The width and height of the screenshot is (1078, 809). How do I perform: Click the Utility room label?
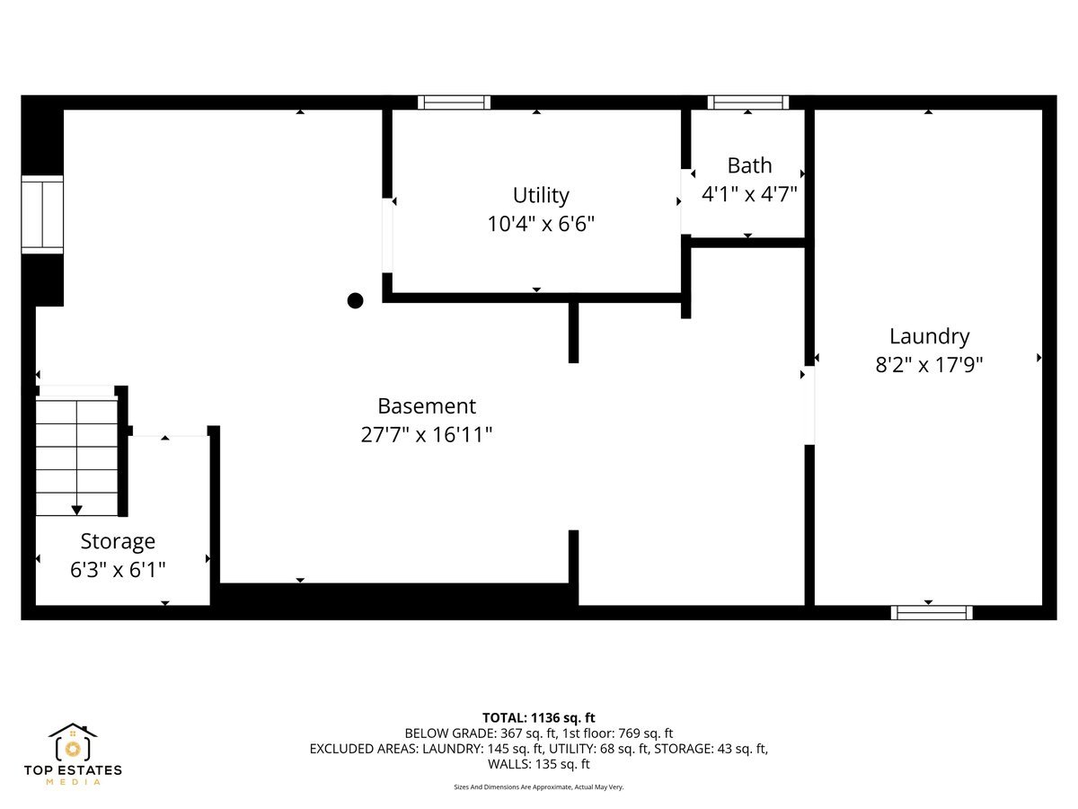tap(541, 195)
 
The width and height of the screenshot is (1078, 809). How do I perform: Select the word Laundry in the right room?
tap(929, 336)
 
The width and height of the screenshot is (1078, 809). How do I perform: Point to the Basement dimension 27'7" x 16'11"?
tap(426, 435)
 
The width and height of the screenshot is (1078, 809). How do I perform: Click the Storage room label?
tap(118, 541)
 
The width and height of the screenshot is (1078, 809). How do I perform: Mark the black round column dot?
tap(356, 300)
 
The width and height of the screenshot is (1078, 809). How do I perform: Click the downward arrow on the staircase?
tap(76, 510)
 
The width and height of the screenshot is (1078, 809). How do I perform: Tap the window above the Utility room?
tap(455, 102)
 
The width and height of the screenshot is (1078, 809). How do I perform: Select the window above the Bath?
tap(748, 102)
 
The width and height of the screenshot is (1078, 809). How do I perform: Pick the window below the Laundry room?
tap(932, 612)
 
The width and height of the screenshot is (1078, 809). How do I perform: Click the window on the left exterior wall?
tap(42, 215)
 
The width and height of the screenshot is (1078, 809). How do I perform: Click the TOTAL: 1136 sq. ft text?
tap(539, 717)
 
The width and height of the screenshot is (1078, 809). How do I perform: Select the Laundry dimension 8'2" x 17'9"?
tap(929, 365)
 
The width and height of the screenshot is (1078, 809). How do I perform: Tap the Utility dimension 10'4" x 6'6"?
tap(541, 224)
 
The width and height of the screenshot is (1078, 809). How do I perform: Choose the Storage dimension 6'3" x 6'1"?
tap(118, 570)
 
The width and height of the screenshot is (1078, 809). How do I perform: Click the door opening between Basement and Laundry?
tap(809, 404)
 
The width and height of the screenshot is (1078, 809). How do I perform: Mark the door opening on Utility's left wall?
tap(387, 235)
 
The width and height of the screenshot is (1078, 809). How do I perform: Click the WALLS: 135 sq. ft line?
tap(539, 764)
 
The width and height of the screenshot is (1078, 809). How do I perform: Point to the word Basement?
tap(426, 406)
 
